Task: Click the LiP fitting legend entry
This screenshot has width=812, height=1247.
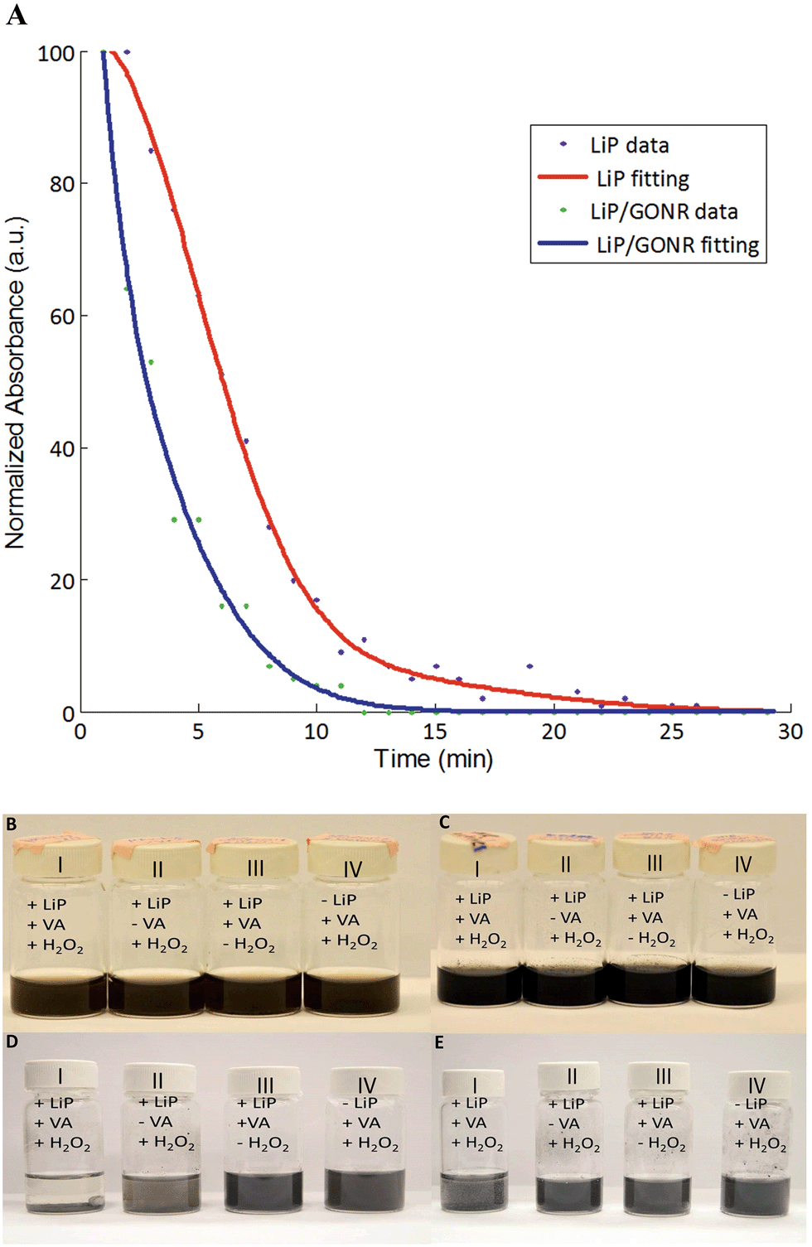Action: coord(642,178)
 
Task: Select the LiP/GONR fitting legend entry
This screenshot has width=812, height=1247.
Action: coord(677,244)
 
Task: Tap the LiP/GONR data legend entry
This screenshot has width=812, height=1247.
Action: coord(663,211)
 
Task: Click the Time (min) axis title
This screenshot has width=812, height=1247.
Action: coord(433,759)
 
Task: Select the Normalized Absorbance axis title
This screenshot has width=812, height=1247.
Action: coord(17,382)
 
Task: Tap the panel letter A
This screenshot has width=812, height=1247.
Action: coord(16,15)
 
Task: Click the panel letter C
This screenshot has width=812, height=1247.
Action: coord(445,822)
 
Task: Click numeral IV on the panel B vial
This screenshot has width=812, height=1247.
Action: coord(353,869)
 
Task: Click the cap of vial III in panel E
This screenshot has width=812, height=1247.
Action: coord(663,1077)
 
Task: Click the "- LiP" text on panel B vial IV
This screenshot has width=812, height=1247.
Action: coord(339,900)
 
